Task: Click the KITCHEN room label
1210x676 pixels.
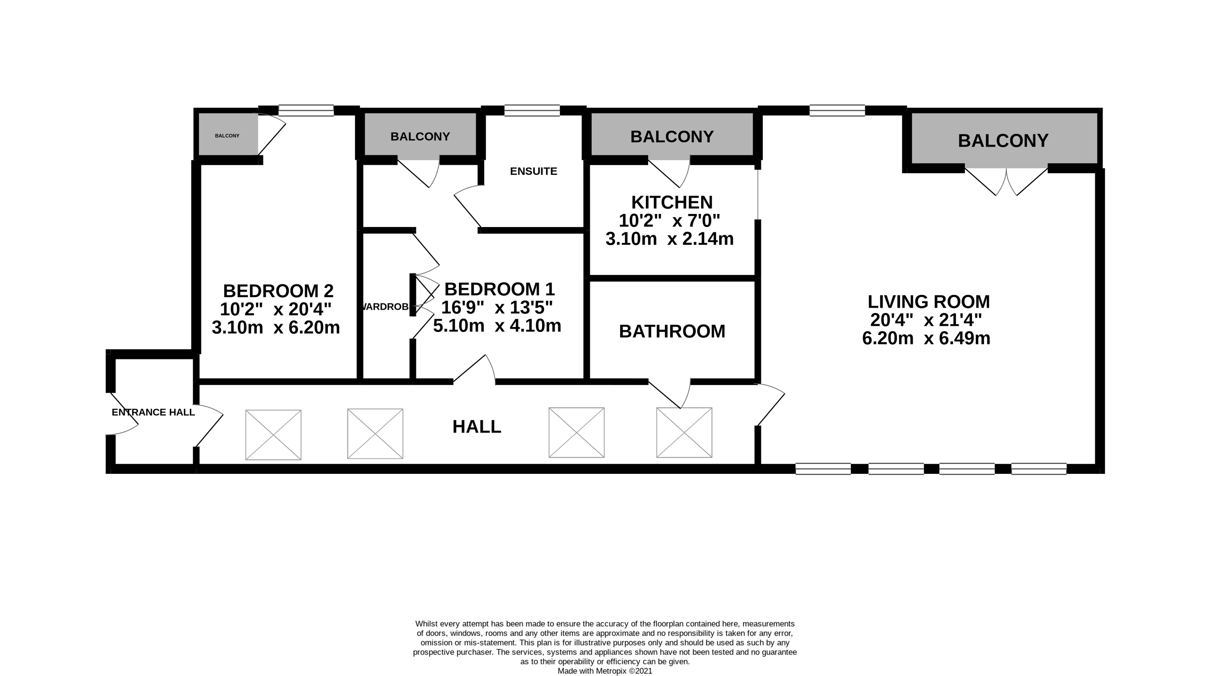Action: (x=672, y=203)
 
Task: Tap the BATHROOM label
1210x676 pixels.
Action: (x=672, y=332)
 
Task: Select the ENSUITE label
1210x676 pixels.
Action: (x=534, y=172)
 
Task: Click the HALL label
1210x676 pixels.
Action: (x=477, y=427)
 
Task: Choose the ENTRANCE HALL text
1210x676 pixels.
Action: (x=153, y=412)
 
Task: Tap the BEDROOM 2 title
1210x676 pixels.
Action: (x=278, y=291)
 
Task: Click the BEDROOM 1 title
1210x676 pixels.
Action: (x=499, y=289)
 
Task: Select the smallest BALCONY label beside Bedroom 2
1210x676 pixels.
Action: (x=227, y=136)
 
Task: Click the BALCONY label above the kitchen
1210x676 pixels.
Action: (x=672, y=137)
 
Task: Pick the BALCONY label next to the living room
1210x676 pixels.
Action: (x=1003, y=141)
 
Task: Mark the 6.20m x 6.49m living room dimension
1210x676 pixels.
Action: (x=926, y=338)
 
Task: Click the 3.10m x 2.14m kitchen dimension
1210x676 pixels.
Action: (x=669, y=239)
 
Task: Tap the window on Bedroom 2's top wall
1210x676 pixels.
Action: (x=306, y=111)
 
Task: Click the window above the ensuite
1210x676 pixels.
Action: (x=532, y=111)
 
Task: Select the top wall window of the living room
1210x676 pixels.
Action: (x=837, y=111)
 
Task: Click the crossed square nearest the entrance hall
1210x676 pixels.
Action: (x=273, y=435)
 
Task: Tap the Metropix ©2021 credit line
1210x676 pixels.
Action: (x=605, y=671)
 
